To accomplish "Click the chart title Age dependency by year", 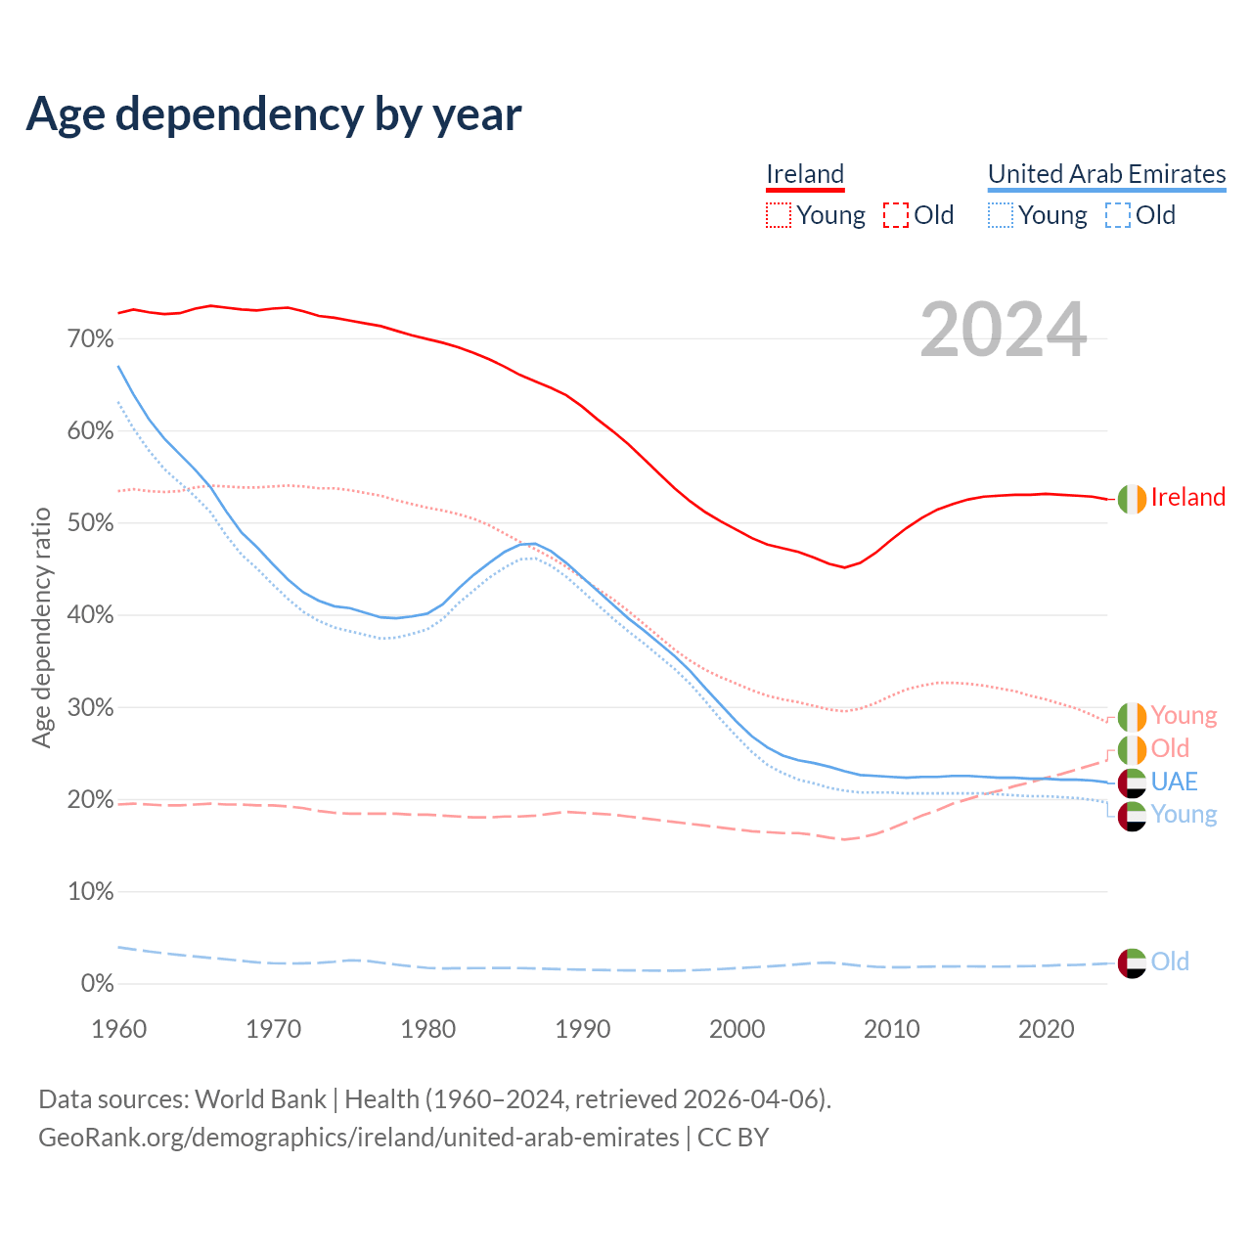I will (274, 114).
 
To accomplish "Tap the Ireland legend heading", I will (805, 174).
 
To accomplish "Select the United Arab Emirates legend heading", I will (1106, 174).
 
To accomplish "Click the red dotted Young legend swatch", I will (779, 215).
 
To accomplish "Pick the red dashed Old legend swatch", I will (895, 215).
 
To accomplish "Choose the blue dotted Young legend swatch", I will (1001, 215).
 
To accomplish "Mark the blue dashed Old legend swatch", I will (1117, 215).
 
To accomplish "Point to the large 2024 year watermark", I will (1004, 330).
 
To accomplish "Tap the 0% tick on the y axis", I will (97, 984).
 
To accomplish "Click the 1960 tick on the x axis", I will (118, 1029).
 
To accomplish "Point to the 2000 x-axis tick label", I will (738, 1029).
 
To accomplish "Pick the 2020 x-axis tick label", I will (1047, 1029).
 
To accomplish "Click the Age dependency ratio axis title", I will (41, 627).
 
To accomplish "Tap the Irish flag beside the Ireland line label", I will (1132, 498).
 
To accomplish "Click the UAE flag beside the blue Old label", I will (1132, 962).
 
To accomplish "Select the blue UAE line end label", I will (1174, 782).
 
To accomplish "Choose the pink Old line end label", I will (1170, 748).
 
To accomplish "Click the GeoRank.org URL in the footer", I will (358, 1138).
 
